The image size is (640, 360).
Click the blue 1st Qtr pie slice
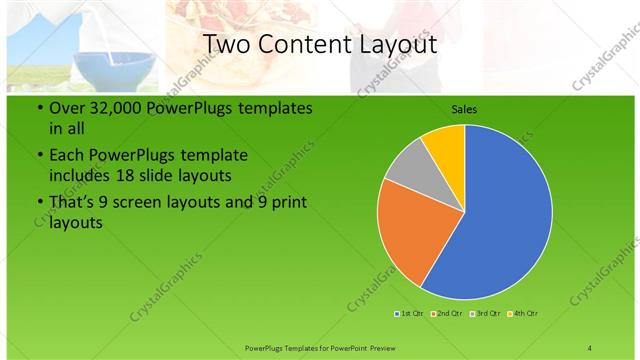tap(500, 220)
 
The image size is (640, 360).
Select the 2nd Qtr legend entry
tap(446, 315)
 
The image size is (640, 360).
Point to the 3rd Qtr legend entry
tap(485, 315)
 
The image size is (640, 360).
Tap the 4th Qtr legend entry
tap(523, 315)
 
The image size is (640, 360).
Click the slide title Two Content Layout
tap(319, 44)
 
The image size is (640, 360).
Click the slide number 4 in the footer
tap(589, 348)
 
